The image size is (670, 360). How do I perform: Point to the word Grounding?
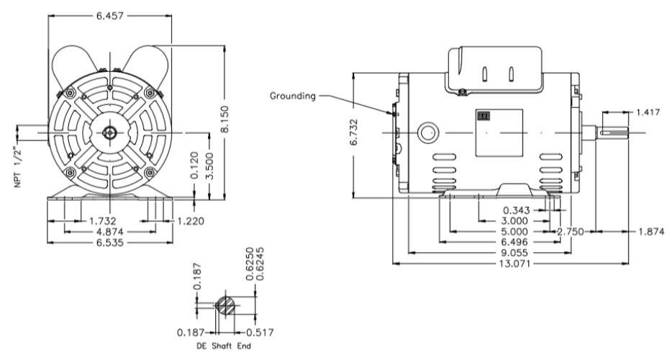coord(293,95)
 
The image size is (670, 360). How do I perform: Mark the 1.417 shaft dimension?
coord(646,112)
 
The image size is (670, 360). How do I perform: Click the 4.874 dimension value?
coord(110,232)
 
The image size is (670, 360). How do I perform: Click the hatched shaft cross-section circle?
coord(225,305)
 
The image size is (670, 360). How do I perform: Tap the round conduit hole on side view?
coord(427,133)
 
